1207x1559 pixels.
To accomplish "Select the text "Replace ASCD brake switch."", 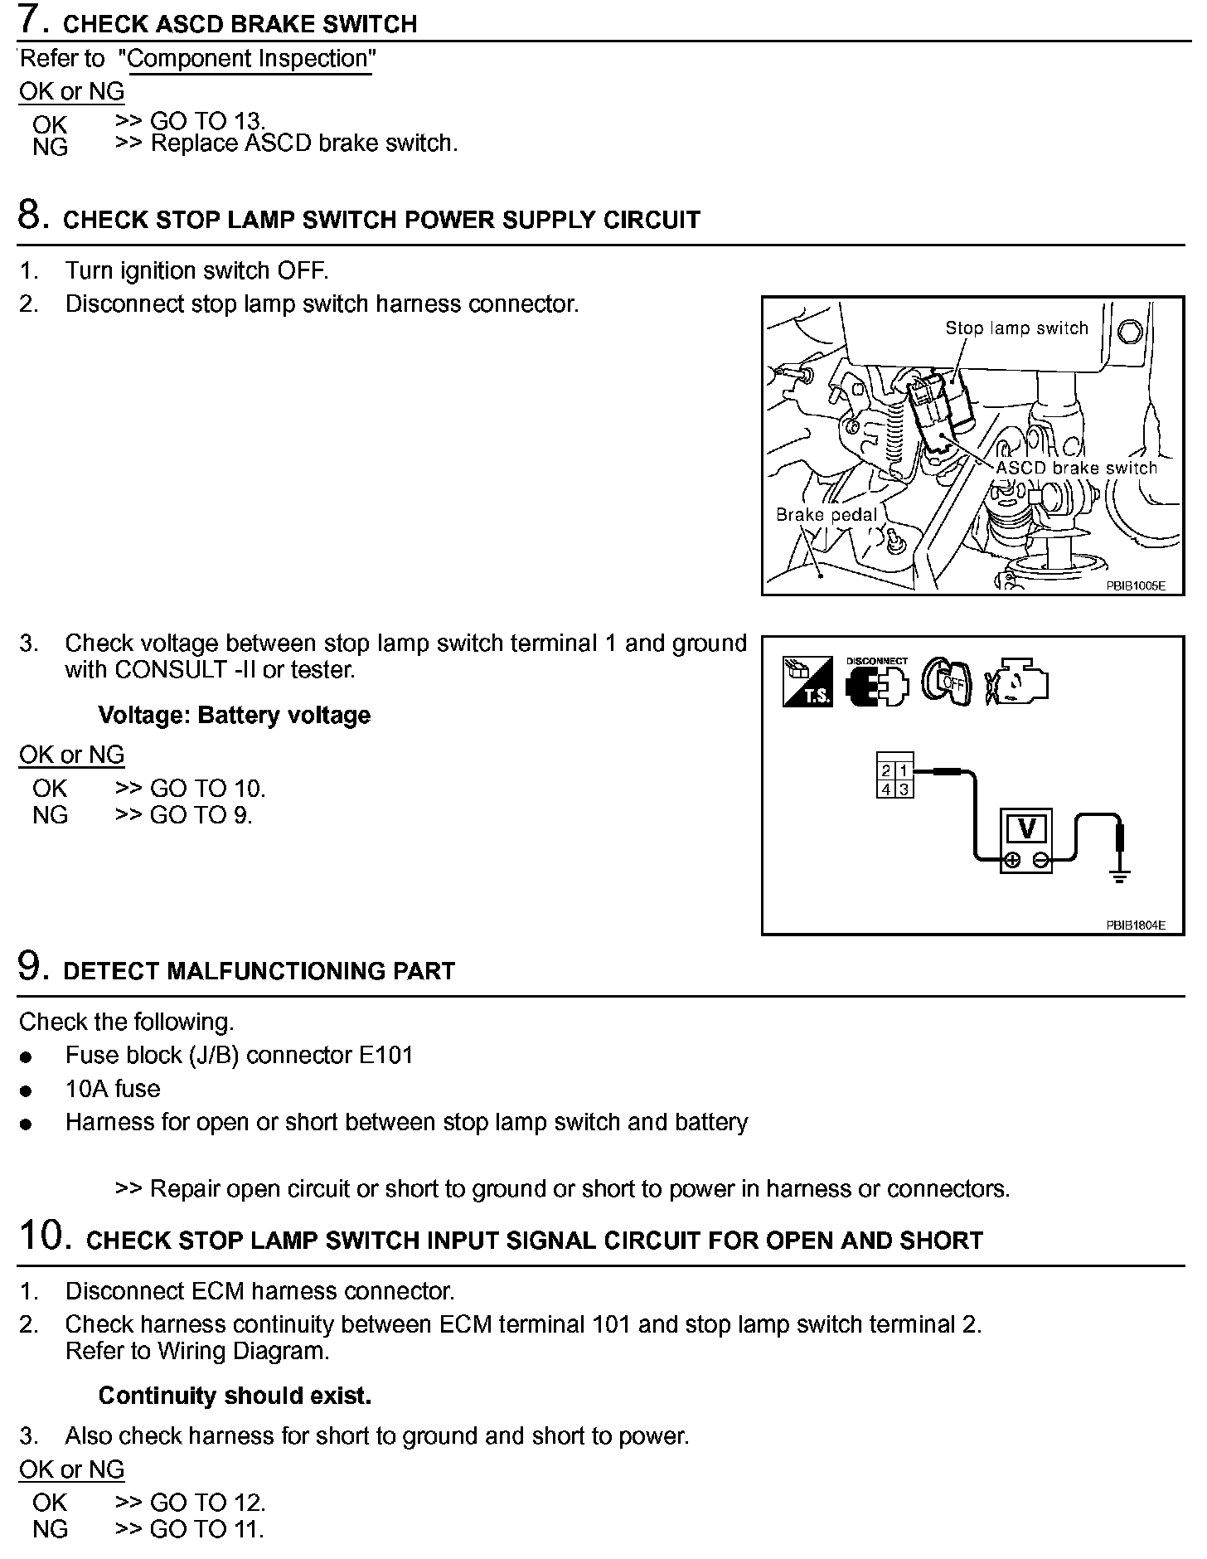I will pos(303,143).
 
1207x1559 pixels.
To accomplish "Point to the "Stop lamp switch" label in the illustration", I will pos(1016,328).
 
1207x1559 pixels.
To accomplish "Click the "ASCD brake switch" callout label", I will pos(1076,468).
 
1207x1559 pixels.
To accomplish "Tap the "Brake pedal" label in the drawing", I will pos(826,515).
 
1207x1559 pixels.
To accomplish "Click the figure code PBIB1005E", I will pos(1135,585).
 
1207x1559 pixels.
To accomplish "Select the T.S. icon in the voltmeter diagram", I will pos(807,681).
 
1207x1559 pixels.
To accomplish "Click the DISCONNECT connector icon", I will pos(876,682).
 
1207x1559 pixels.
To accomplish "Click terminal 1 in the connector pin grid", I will pos(904,772).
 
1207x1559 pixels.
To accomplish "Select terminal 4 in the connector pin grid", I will pos(886,789).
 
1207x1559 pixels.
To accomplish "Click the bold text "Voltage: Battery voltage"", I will pos(234,716).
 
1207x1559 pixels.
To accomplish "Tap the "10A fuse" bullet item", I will pos(113,1089).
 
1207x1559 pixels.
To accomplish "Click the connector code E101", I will pos(385,1056).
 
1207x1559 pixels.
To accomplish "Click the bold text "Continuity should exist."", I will pos(235,1396).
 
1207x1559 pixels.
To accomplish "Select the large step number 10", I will pos(40,1236).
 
